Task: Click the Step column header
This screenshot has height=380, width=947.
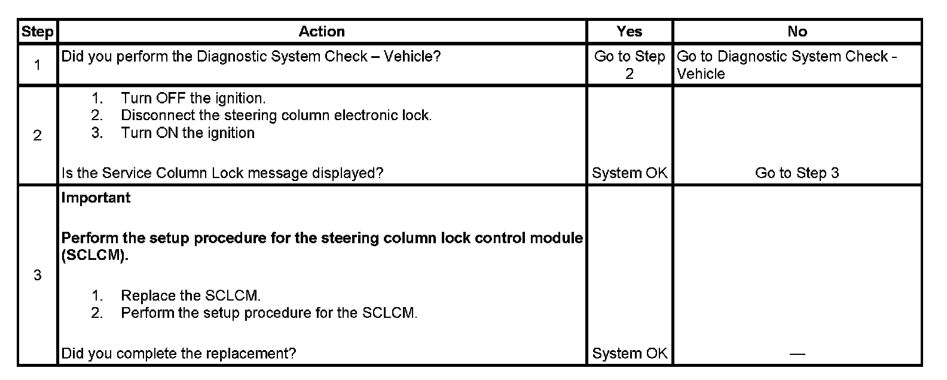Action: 37,32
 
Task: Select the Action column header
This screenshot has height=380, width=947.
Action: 322,32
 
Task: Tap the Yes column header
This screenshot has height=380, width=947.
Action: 629,32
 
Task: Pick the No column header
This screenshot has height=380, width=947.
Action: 797,32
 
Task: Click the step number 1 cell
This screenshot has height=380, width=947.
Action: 37,65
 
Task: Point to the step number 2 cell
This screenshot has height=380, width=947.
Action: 37,136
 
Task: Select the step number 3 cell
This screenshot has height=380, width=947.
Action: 37,275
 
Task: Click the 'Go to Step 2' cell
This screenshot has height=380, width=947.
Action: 629,65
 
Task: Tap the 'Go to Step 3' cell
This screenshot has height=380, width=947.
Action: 797,173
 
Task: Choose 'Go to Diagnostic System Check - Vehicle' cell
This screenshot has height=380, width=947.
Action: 786,65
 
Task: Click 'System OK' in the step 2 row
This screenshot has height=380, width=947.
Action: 629,173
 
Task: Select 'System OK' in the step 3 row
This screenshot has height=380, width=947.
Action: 629,354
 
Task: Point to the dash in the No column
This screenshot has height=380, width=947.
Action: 797,354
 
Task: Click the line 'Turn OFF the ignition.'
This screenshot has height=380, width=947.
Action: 193,98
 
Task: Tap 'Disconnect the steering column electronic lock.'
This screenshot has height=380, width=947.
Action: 276,115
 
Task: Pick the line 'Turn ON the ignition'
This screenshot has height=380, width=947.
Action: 188,133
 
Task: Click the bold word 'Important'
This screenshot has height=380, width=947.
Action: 96,198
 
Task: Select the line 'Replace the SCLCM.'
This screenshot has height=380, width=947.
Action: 191,296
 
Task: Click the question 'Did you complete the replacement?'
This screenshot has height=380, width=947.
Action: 179,354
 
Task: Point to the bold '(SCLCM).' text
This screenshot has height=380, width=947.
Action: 95,255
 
